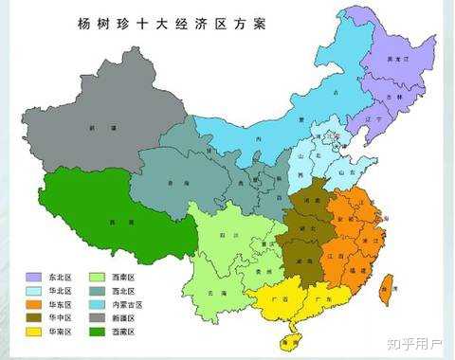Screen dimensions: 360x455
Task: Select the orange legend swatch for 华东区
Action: click(x=33, y=305)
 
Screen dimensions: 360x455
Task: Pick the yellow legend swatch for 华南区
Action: click(x=33, y=333)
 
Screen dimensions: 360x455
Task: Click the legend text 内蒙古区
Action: click(x=132, y=305)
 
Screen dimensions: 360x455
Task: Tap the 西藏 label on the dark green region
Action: click(x=115, y=222)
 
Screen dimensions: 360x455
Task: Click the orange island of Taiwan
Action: click(x=386, y=290)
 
